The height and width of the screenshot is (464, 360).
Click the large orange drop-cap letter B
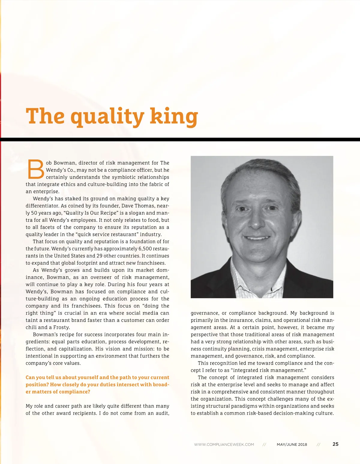(35, 169)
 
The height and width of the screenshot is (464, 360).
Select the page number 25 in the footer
(335, 444)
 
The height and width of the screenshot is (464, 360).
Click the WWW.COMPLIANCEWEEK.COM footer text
(224, 445)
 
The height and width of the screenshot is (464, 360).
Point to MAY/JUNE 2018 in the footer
(292, 445)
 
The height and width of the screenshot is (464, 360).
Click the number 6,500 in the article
(145, 248)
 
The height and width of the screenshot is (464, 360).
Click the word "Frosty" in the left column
(61, 327)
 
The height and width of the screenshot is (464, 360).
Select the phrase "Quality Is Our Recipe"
(91, 213)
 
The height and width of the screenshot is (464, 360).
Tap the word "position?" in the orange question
(37, 385)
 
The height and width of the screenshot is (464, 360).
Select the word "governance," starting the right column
(205, 313)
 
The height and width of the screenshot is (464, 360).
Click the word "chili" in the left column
(31, 327)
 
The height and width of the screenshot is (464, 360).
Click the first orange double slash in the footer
(264, 445)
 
